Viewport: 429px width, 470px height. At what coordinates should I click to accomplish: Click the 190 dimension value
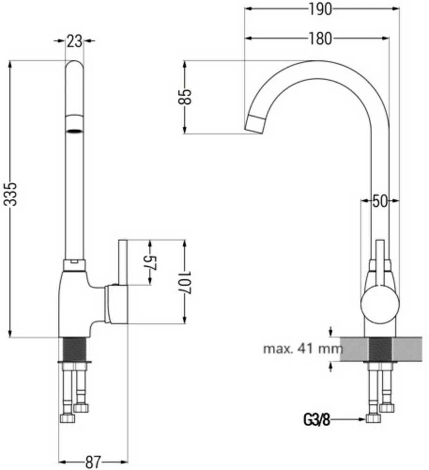tap(320, 9)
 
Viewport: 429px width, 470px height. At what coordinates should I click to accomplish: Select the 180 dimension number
tap(320, 39)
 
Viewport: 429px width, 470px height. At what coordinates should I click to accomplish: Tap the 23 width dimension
tap(74, 41)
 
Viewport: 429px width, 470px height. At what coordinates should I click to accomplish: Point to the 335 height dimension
tap(10, 194)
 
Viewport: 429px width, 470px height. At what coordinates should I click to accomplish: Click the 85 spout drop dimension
tap(185, 96)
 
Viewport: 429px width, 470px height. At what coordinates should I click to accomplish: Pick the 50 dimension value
tap(380, 201)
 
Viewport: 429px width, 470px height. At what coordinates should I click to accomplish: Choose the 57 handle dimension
tap(151, 263)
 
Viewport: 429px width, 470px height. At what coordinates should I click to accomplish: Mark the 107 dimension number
tap(185, 282)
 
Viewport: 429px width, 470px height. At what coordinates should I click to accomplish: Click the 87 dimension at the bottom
tap(93, 462)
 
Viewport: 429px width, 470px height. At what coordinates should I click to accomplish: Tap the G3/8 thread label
tap(317, 420)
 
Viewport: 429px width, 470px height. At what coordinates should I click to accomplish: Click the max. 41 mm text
tap(303, 349)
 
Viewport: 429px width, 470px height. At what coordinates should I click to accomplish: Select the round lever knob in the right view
tap(380, 305)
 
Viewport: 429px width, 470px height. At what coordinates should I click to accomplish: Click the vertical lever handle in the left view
tap(123, 262)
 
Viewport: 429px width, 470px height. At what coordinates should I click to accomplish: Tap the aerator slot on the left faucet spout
tap(74, 131)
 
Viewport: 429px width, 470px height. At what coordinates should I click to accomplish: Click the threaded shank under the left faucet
tap(74, 349)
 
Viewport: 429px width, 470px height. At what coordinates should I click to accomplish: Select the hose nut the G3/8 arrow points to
tap(373, 419)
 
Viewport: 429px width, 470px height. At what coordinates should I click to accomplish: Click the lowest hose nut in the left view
tap(67, 418)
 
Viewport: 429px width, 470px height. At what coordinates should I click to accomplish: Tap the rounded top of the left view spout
tap(74, 63)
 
